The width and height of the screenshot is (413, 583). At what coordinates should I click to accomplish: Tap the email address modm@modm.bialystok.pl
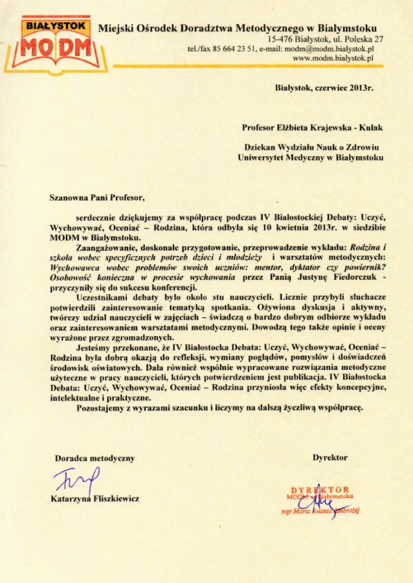pos(329,49)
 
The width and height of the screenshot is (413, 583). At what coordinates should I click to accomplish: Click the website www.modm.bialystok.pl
pos(333,58)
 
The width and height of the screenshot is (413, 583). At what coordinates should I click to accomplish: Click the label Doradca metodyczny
pos(95,458)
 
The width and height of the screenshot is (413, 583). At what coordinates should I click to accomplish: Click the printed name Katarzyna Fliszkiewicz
pos(95,499)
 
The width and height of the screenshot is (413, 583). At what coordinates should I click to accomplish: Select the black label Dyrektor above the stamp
pos(330,457)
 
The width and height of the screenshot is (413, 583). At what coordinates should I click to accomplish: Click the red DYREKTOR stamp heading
pos(320,489)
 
